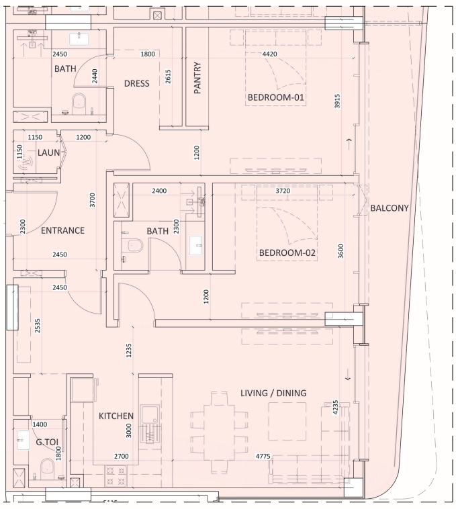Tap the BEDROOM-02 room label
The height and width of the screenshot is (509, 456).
[x=287, y=253]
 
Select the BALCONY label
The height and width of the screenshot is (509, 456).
[x=389, y=208]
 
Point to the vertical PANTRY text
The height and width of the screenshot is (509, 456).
[x=197, y=80]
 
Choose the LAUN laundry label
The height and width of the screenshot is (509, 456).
[x=49, y=153]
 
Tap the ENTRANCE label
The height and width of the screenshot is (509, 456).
[x=62, y=231]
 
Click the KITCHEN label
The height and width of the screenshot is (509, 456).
[x=116, y=416]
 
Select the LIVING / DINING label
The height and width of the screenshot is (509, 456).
[x=273, y=394]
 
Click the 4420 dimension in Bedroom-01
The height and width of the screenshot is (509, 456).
[x=269, y=54]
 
